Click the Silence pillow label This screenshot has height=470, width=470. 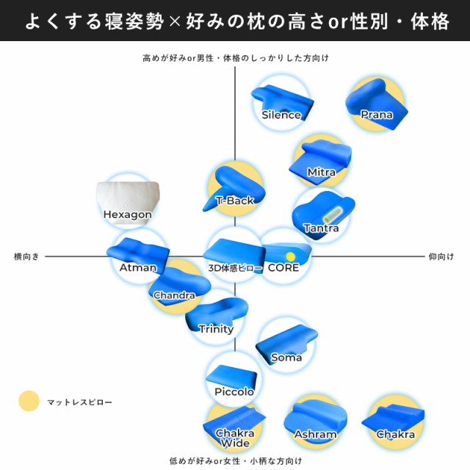point(281,115)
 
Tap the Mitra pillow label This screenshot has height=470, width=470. point(322,173)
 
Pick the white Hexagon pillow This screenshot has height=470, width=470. point(128,203)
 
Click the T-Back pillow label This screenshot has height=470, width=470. point(235,200)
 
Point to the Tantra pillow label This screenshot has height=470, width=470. point(322,228)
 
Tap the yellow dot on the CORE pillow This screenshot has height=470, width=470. point(291,256)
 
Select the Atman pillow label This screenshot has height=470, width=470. point(138,267)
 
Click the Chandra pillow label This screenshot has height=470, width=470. point(174,295)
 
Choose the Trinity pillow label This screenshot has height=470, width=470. point(216,329)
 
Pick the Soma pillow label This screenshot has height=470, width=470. point(286,358)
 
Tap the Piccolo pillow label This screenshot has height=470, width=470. point(234,391)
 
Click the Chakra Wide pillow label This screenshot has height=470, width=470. point(235,438)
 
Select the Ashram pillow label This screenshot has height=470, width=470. point(315,434)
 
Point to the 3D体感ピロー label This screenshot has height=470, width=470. point(235,268)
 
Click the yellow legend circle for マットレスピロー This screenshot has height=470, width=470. point(29,401)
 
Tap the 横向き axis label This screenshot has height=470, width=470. point(26,256)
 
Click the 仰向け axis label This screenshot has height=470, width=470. point(441,256)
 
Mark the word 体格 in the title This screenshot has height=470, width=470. point(430,21)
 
